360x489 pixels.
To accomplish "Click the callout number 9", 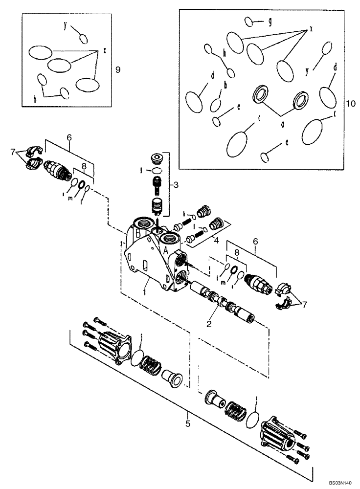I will point(117,69).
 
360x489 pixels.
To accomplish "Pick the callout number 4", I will point(216,240).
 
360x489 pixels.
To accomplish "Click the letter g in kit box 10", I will point(270,22).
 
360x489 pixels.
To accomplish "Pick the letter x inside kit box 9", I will point(105,50).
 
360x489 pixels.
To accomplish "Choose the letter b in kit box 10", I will point(225,85).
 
